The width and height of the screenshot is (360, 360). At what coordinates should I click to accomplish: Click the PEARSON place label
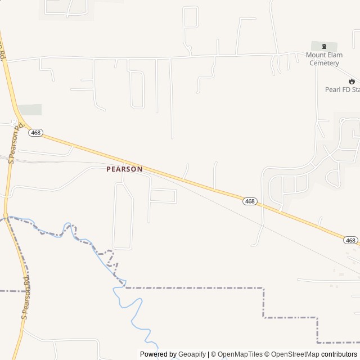[x=124, y=169]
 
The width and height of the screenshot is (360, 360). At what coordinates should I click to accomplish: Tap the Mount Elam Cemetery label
[x=324, y=59]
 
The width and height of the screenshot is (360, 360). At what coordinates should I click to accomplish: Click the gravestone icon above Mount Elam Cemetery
[x=324, y=46]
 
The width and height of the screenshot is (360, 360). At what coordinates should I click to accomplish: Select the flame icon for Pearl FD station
[x=352, y=81]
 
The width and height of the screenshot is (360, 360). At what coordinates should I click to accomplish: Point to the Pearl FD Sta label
[x=342, y=89]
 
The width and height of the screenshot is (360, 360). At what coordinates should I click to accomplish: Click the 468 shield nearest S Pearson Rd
[x=36, y=133]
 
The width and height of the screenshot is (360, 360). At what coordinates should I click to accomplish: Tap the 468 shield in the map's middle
[x=250, y=201]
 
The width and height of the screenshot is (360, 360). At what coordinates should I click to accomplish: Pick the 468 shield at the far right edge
[x=350, y=240]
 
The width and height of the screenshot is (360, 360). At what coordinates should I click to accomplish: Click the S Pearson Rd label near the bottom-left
[x=25, y=298]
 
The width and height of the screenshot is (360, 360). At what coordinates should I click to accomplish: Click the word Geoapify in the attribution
[x=191, y=354]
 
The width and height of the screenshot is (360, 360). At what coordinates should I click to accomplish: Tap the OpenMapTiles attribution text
[x=240, y=354]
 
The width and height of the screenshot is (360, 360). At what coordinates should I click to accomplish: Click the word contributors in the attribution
[x=339, y=354]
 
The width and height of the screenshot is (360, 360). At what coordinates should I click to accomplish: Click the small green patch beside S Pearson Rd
[x=29, y=110]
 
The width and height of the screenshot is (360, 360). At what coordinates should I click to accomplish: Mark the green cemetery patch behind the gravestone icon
[x=332, y=46]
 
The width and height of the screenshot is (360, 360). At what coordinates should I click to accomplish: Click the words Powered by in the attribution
[x=157, y=354]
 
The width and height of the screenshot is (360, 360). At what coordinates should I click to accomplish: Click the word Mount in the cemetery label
[x=316, y=55]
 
